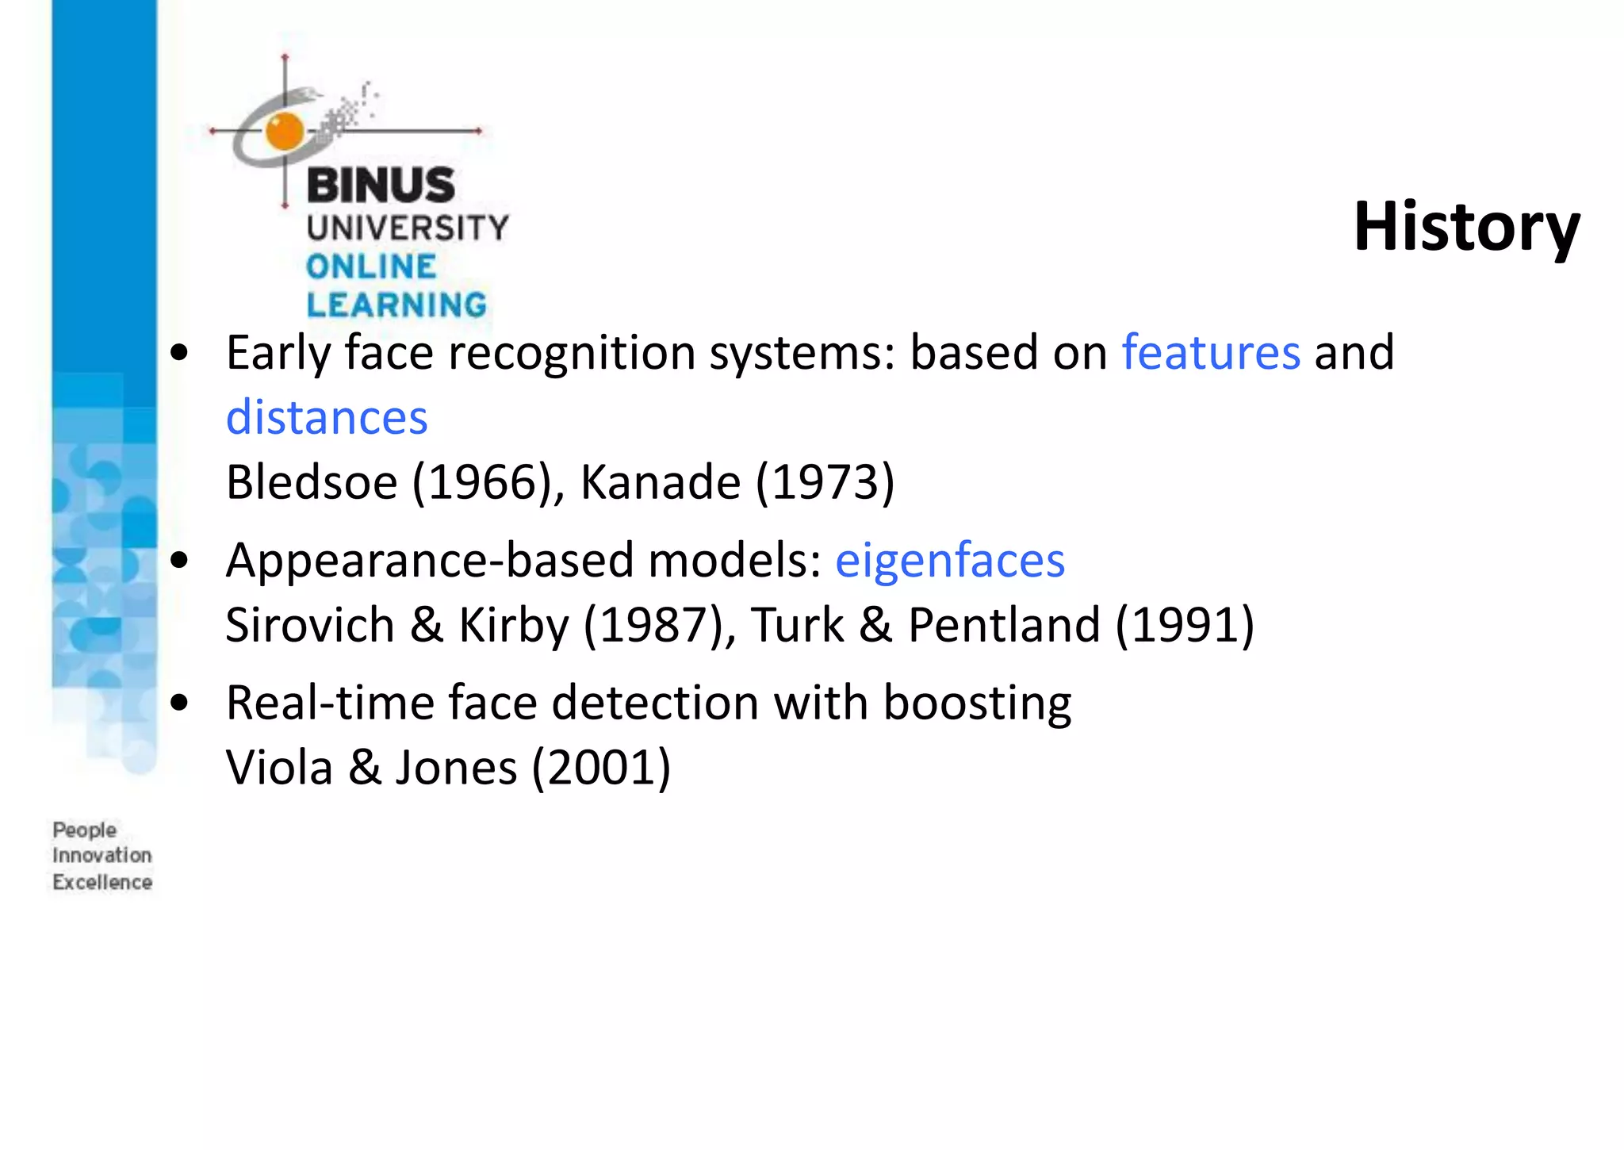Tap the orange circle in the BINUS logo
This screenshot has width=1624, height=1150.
(x=285, y=131)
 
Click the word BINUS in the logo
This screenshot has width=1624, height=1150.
(x=381, y=186)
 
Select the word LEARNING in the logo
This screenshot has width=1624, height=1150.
(x=396, y=305)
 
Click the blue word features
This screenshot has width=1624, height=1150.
(x=1210, y=352)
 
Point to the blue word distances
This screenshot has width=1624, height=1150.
(x=327, y=417)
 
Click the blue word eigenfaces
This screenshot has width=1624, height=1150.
(x=949, y=560)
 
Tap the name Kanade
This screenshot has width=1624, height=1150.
(x=660, y=481)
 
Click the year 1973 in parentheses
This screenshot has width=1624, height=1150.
(x=825, y=481)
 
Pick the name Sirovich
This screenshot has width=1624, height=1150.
(x=309, y=625)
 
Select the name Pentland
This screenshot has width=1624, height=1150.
(x=1003, y=625)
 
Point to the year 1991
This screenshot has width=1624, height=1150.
(x=1185, y=625)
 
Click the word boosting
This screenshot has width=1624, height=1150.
(x=976, y=703)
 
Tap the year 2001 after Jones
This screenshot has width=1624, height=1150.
(x=601, y=768)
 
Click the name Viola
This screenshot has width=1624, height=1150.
(x=279, y=768)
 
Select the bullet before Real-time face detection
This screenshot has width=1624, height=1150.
(x=180, y=703)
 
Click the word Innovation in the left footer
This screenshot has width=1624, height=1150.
(x=101, y=856)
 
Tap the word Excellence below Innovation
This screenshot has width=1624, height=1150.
(x=101, y=882)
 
